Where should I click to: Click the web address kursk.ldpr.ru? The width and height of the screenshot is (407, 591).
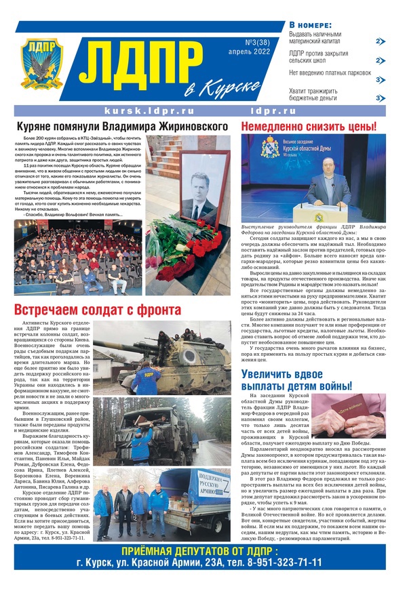[x=149, y=110]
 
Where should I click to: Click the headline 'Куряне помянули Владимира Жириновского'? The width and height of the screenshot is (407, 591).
[x=121, y=126]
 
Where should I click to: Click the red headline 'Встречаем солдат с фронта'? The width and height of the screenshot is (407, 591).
[x=98, y=310]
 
